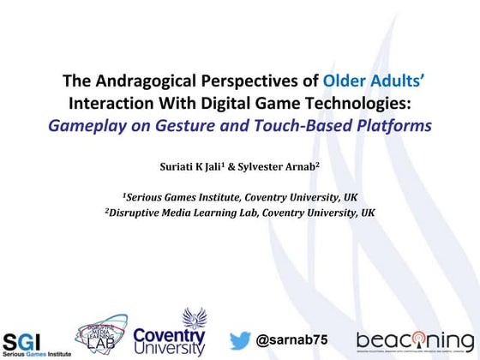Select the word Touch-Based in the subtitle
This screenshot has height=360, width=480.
[x=291, y=126]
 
